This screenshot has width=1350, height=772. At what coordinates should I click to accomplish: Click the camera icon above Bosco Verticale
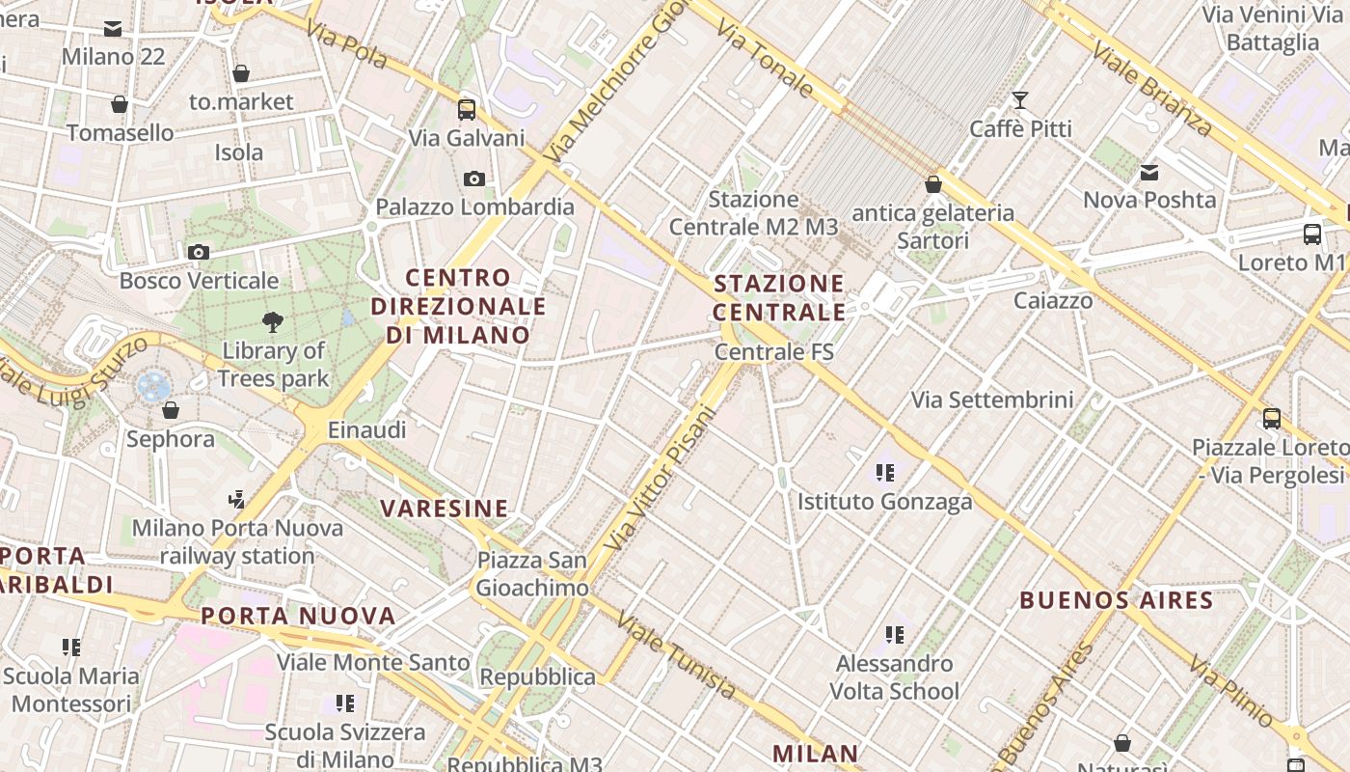tap(199, 253)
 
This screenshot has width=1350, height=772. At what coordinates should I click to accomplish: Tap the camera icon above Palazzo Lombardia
tap(474, 179)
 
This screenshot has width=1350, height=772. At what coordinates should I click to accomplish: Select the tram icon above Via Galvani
tap(467, 109)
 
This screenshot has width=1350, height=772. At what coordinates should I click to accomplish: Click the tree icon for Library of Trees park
tap(273, 322)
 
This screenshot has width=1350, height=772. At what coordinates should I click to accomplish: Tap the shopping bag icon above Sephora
tap(171, 411)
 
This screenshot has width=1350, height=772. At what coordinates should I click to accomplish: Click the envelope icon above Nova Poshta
tap(1149, 173)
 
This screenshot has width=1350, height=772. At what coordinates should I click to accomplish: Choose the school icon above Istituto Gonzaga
tap(884, 473)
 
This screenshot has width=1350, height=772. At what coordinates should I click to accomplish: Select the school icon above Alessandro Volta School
tap(894, 635)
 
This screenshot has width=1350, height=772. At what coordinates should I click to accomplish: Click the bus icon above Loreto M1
tap(1312, 234)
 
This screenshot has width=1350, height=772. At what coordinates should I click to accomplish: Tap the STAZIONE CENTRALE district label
tap(779, 297)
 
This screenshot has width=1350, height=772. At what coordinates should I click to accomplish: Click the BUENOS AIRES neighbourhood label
tap(1117, 600)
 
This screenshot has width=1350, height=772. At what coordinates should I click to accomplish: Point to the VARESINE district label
tap(445, 509)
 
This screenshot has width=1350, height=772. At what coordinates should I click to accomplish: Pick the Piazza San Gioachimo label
tap(532, 574)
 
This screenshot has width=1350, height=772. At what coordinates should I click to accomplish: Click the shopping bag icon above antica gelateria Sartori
tap(932, 184)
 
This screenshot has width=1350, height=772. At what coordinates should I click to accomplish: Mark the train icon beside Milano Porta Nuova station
tap(236, 499)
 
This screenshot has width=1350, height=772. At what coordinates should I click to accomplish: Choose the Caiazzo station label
tap(1053, 300)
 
